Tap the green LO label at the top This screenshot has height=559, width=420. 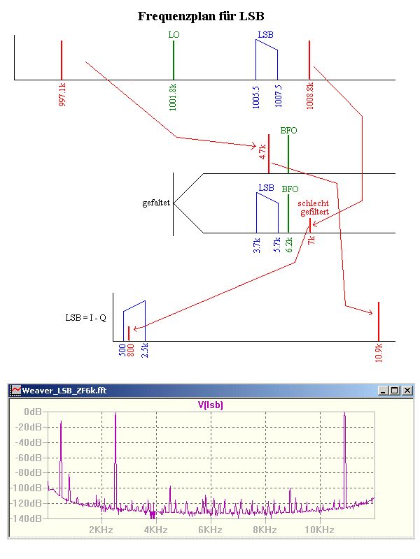pos(174,34)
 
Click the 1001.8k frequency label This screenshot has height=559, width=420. pos(174,96)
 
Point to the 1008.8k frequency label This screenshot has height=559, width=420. pos(309,96)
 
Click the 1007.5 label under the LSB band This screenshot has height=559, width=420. pos(278,96)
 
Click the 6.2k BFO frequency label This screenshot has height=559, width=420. pos(288,245)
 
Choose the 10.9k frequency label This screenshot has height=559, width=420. pos(379,351)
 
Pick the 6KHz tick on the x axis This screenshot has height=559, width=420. pos(210,530)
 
